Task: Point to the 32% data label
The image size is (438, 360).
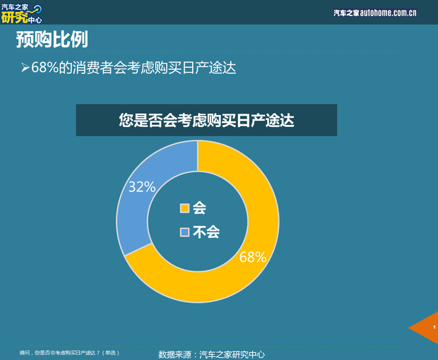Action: pos(141,186)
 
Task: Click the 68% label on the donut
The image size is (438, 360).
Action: pos(252,257)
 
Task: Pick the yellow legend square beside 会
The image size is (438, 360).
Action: pos(185,208)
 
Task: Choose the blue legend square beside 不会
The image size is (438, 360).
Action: pos(185,232)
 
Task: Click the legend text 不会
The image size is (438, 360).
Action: pos(206,232)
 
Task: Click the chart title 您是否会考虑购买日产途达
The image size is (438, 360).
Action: pos(206,121)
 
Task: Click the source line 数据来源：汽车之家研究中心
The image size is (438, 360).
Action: pos(211,354)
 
